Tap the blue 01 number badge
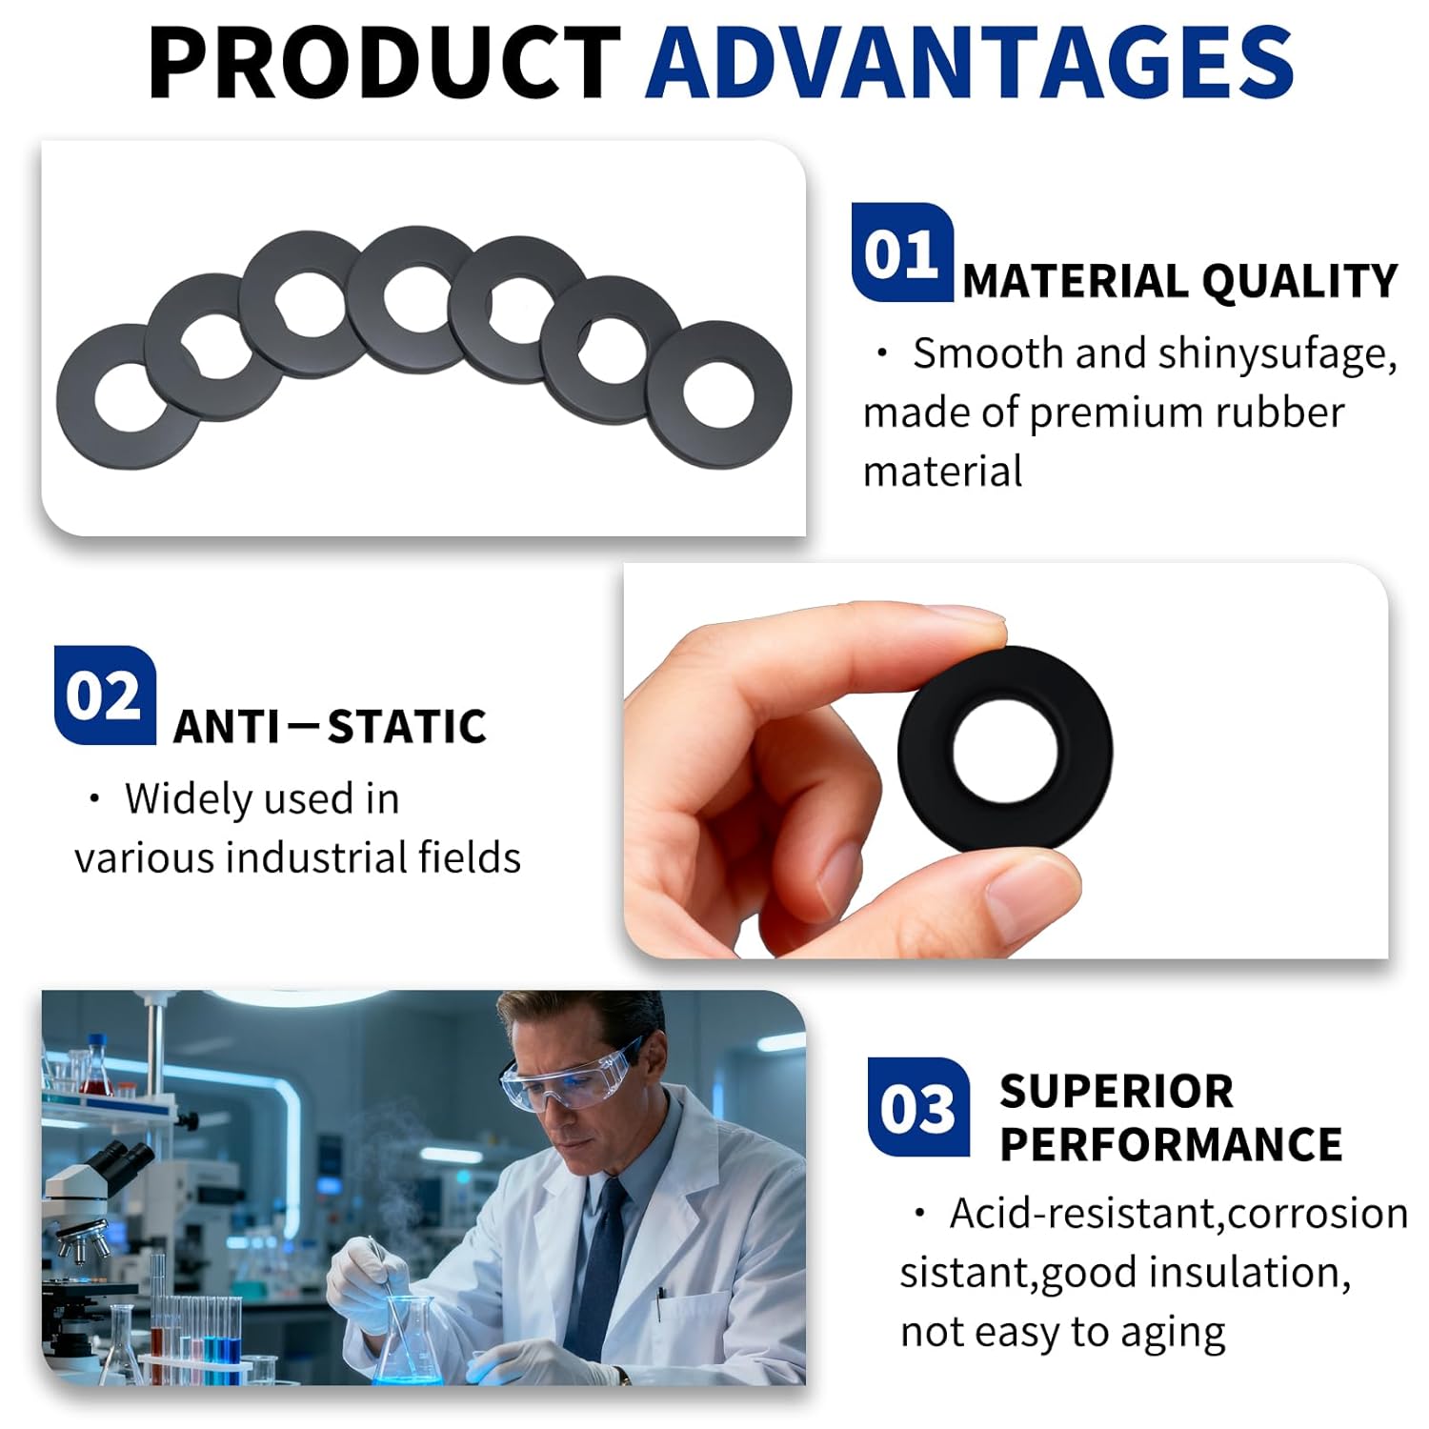[x=901, y=252]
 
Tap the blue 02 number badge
[x=104, y=694]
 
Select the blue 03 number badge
[x=917, y=1107]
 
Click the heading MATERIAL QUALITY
[x=1179, y=281]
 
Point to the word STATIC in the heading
[x=407, y=727]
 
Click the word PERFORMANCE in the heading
[x=1171, y=1144]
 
